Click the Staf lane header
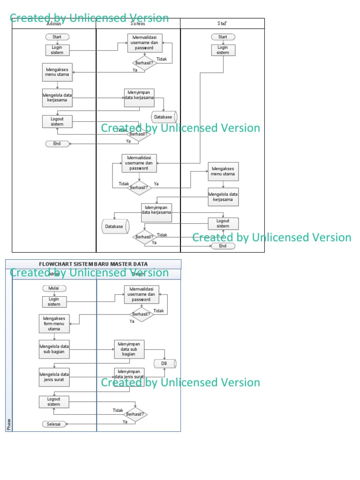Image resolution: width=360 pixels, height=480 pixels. tap(223, 23)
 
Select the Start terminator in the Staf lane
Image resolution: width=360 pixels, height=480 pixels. tap(223, 37)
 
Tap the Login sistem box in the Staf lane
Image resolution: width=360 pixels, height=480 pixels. tap(223, 50)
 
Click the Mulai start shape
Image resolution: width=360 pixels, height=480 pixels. tap(54, 288)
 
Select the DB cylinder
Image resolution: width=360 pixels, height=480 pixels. tap(165, 364)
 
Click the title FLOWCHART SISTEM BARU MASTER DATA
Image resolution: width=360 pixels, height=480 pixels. tap(93, 264)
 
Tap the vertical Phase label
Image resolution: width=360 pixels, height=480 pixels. tap(9, 424)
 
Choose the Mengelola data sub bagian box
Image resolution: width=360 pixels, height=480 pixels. tap(54, 349)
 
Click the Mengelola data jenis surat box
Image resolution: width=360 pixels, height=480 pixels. tap(54, 377)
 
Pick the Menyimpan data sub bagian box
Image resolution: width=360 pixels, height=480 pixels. tap(129, 349)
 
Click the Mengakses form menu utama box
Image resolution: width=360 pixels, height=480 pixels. tap(54, 323)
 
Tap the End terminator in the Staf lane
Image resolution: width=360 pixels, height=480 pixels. tap(223, 246)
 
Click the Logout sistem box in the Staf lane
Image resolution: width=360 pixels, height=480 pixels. tap(223, 224)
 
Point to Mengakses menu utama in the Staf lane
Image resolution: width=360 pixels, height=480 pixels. tap(223, 172)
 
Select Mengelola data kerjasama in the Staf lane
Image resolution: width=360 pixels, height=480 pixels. tap(223, 197)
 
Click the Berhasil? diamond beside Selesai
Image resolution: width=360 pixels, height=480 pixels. tap(135, 415)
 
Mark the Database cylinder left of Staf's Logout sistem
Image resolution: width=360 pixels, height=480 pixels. tap(115, 226)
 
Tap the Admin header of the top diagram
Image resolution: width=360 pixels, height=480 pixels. tap(54, 23)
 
